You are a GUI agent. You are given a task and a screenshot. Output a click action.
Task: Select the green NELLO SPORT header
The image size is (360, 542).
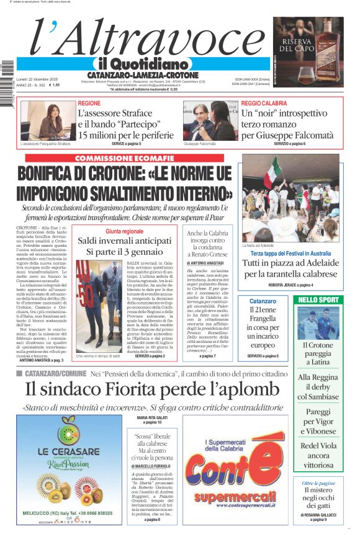(x=319, y=300)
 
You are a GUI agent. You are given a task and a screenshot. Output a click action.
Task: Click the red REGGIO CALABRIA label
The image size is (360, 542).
(x=264, y=103)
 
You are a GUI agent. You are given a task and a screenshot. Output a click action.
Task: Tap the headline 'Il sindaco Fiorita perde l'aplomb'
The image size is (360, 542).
(x=152, y=389)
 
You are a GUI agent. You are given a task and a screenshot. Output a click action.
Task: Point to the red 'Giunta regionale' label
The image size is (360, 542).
(x=124, y=231)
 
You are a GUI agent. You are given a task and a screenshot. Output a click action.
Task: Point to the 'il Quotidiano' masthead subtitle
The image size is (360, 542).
(x=142, y=64)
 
